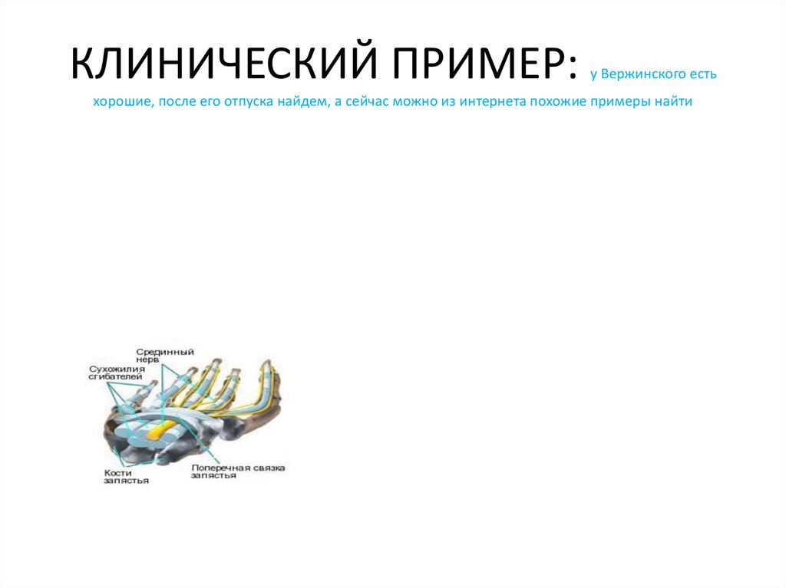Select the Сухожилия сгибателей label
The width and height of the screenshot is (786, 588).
[117, 373]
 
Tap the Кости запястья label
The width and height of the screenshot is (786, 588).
[126, 477]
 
